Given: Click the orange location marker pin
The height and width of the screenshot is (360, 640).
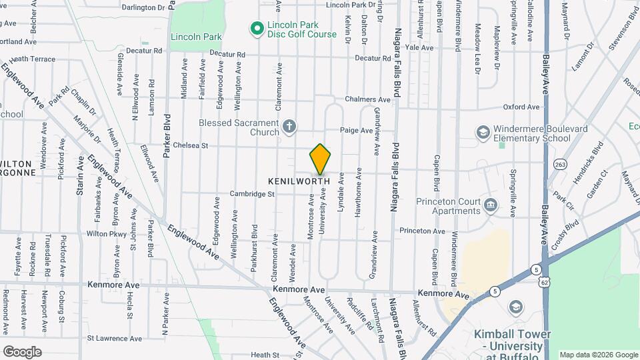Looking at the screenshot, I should [320, 160].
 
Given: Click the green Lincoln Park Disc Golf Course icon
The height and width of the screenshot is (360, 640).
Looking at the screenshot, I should [256, 28].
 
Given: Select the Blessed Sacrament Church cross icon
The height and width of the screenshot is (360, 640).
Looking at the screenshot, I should [289, 125].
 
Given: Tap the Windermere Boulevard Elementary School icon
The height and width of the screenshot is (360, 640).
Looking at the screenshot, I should [482, 133].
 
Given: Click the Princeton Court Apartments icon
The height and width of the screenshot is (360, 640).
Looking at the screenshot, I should [491, 204].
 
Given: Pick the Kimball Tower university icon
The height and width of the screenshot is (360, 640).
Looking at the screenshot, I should [515, 307].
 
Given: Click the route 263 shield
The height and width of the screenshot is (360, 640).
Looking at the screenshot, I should [559, 164].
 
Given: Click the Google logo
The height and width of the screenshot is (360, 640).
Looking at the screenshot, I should [22, 351].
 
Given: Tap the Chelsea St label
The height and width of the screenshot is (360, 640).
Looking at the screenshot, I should [191, 145].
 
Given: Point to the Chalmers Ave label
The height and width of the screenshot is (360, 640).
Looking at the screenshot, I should [367, 99].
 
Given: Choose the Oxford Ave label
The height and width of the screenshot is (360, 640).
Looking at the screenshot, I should [521, 107].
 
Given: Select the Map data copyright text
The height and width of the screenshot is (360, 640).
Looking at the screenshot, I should [598, 355].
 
